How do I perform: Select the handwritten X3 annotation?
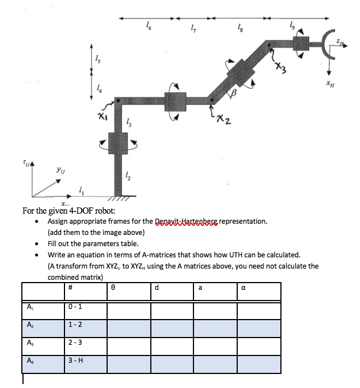coord(280,68)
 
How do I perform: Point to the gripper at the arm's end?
coord(327,44)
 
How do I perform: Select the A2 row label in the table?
coord(29,325)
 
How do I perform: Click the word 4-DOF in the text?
coord(79,211)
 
